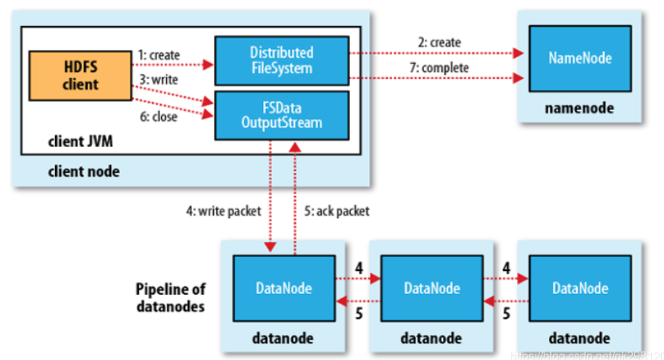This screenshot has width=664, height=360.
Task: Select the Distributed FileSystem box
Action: click(281, 60)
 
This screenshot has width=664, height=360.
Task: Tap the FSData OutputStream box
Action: click(281, 114)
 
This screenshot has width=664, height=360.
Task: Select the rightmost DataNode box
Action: click(579, 288)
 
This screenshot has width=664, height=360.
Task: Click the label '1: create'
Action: click(159, 54)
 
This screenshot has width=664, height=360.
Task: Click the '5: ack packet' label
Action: click(336, 212)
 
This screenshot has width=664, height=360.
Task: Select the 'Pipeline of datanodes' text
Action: click(170, 298)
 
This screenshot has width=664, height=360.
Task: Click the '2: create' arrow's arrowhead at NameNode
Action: click(520, 53)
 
